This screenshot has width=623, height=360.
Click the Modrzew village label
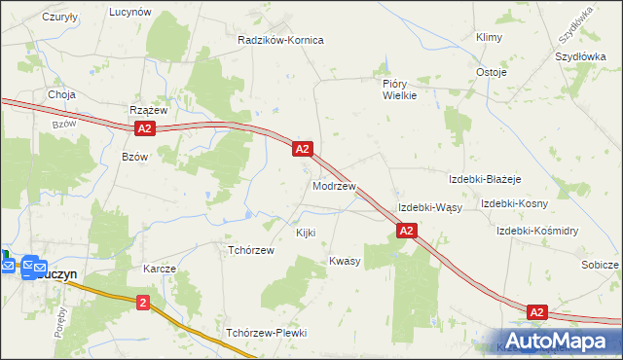coord(334,185)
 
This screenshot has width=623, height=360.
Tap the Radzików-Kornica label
coord(280,41)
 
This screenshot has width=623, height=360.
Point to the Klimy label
coord(488,37)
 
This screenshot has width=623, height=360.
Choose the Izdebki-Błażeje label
coord(486,179)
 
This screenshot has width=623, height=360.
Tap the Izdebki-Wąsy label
coord(429,208)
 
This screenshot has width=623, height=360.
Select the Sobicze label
coord(600,265)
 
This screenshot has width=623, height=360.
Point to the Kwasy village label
coord(345,261)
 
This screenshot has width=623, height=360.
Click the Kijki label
coord(306,234)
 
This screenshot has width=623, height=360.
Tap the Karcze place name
coord(159,269)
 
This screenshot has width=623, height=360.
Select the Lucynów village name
coord(129,12)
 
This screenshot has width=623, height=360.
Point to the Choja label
coord(62,94)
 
